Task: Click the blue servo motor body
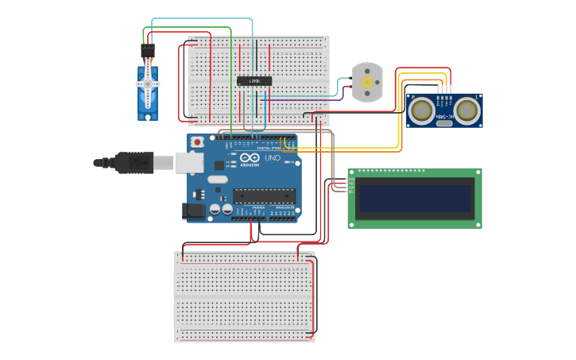pos(147,95)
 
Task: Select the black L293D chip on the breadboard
pos(255,81)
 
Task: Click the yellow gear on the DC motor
pos(367,82)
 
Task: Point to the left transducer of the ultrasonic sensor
pos(421,110)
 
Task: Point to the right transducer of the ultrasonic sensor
pos(467,110)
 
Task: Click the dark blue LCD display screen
pos(415,197)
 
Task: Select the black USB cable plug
pos(135,162)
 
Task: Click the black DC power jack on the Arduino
pos(193,211)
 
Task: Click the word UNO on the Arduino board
pos(272,159)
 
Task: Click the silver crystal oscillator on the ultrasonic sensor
pos(444,122)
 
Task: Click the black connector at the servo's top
pos(148,52)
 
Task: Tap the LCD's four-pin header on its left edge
pos(351,183)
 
